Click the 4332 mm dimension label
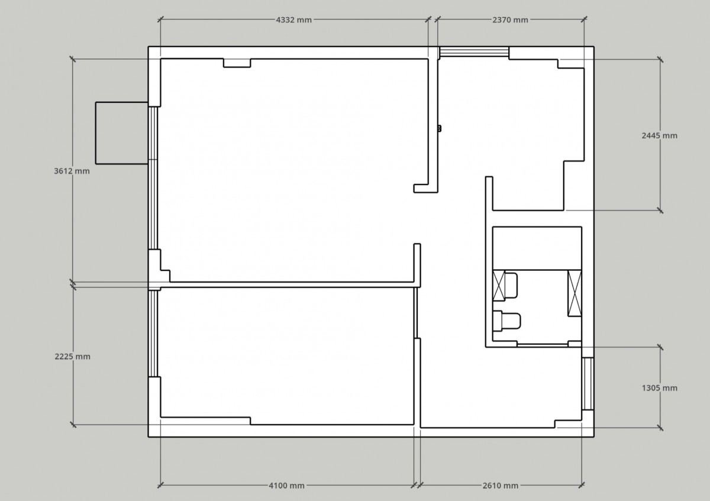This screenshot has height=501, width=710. [x=294, y=20]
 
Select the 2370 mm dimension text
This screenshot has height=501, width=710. [x=510, y=20]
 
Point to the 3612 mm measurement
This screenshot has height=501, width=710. [x=72, y=171]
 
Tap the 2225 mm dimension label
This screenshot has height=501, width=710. [x=72, y=357]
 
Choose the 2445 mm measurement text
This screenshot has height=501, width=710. [x=659, y=135]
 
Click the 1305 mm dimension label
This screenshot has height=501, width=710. [x=659, y=388]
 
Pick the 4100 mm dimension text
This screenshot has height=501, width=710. [x=286, y=486]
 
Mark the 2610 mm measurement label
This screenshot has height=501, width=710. [x=500, y=486]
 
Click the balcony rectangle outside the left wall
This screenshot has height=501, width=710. [x=122, y=133]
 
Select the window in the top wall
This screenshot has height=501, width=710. [x=474, y=52]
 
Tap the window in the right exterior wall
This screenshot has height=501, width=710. [x=588, y=384]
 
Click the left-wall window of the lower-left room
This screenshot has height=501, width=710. [x=153, y=334]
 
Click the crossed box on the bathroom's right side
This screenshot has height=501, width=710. [x=575, y=293]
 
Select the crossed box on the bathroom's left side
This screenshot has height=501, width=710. [x=499, y=285]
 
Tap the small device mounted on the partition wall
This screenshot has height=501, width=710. [x=439, y=128]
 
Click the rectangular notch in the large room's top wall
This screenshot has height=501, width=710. [x=237, y=63]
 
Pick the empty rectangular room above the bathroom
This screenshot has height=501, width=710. [x=537, y=248]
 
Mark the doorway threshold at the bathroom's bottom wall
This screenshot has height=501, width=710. [x=543, y=345]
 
